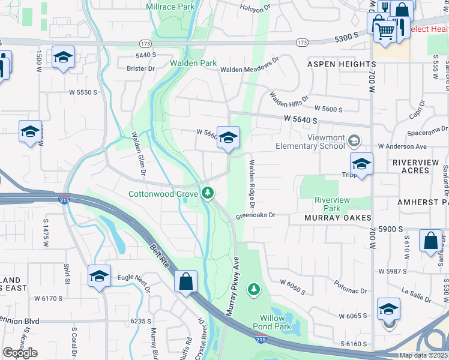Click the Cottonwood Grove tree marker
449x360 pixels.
208,193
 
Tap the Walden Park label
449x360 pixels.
193,63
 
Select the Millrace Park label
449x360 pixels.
170,7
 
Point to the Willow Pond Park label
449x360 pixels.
276,322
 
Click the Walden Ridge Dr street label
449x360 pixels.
252,184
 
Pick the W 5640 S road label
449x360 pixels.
301,121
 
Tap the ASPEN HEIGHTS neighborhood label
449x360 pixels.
342,64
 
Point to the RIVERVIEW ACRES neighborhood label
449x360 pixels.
420,166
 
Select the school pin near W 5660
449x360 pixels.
228,139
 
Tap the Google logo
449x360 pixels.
20,352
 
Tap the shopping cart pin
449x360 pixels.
385,31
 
